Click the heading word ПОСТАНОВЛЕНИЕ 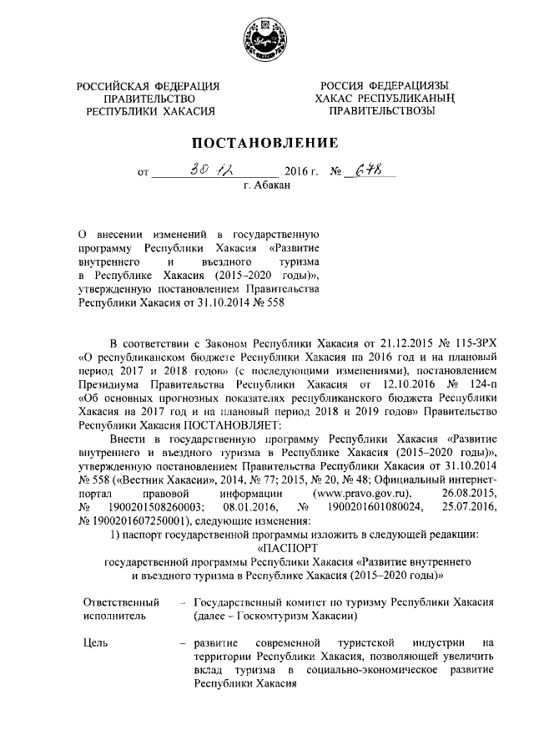coord(266,141)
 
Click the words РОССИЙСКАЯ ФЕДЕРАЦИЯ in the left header coord(148,86)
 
